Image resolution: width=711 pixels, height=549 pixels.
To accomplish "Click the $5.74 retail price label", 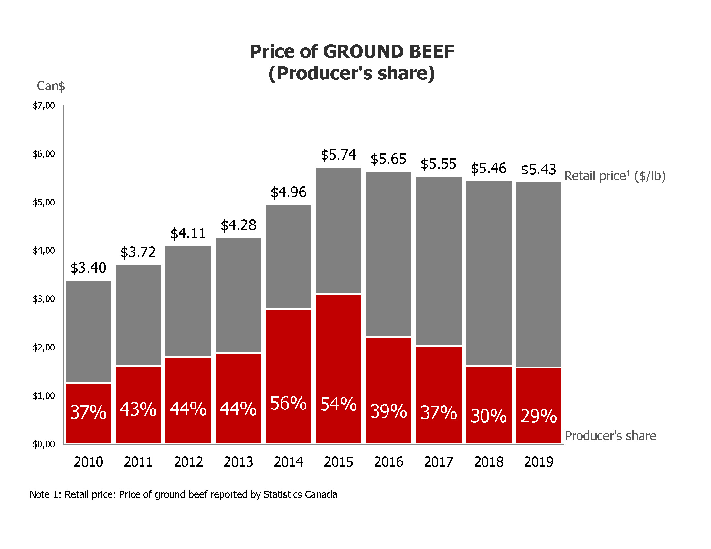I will click(x=338, y=155).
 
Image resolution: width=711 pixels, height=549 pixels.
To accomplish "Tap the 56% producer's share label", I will click(x=288, y=403).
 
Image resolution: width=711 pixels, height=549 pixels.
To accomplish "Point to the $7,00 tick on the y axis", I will click(x=44, y=106).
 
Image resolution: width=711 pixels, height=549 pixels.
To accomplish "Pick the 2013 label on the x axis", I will click(x=238, y=462).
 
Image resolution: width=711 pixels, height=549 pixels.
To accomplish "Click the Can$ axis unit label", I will click(x=51, y=86).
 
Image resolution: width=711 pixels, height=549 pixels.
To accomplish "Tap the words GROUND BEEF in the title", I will click(x=389, y=52).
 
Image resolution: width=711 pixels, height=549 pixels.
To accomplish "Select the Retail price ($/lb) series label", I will click(x=615, y=176).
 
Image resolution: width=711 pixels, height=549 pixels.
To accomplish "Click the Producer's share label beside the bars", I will click(x=610, y=436).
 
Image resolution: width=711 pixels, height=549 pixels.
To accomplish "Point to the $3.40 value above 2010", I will click(x=88, y=268).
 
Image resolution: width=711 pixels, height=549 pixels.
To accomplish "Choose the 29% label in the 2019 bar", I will click(x=538, y=416).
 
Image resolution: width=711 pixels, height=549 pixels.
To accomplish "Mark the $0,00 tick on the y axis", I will click(x=44, y=444).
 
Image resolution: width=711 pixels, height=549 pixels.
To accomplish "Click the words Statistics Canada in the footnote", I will click(x=300, y=494).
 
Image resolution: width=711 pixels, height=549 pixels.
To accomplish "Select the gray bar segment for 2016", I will click(x=388, y=254).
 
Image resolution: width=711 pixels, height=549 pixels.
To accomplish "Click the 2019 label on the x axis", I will click(x=538, y=462).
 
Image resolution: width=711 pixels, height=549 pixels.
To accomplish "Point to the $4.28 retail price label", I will click(x=238, y=225).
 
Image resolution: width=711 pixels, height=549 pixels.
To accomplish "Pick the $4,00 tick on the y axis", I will click(x=44, y=251).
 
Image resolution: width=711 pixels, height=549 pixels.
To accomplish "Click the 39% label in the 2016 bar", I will click(x=388, y=411).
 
